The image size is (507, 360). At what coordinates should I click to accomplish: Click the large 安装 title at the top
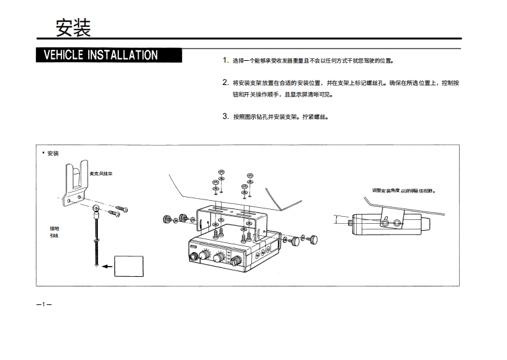[73, 27]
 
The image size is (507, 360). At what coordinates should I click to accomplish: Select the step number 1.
[225, 60]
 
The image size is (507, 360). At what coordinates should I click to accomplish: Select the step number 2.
[225, 82]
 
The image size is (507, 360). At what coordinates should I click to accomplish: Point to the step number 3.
[225, 116]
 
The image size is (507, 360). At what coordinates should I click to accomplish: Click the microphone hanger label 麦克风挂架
[101, 173]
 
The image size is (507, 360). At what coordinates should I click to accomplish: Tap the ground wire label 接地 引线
[54, 231]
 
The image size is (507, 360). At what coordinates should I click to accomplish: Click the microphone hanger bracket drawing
[76, 182]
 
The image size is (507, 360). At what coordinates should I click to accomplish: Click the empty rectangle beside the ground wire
[129, 265]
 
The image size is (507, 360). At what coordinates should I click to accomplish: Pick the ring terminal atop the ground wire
[95, 208]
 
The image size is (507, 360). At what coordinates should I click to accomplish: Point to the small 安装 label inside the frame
[52, 153]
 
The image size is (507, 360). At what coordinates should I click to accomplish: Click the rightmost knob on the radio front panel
[237, 260]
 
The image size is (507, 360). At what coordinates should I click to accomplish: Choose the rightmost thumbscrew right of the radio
[314, 241]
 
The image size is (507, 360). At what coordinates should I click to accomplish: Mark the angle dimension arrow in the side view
[339, 221]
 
